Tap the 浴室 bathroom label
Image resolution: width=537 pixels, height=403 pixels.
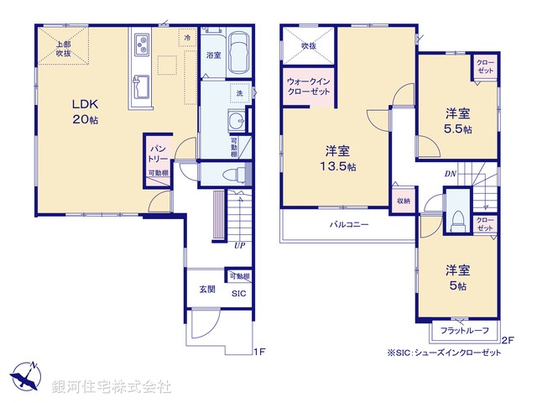click(213, 55)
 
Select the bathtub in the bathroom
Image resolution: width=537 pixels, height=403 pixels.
click(239, 53)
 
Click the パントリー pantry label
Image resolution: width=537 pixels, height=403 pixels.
click(159, 152)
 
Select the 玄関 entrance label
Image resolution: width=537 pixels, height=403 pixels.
click(207, 290)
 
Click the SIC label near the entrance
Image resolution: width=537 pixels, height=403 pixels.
click(238, 294)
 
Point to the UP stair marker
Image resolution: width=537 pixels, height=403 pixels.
click(239, 246)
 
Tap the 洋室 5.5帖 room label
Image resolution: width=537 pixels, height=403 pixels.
click(457, 122)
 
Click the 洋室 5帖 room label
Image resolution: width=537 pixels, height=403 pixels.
click(457, 277)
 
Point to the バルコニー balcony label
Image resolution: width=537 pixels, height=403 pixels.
click(348, 225)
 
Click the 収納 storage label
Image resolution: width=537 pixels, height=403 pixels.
click(404, 201)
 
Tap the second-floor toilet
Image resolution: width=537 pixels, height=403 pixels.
click(457, 220)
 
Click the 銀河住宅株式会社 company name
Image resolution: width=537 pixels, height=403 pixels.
click(111, 386)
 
